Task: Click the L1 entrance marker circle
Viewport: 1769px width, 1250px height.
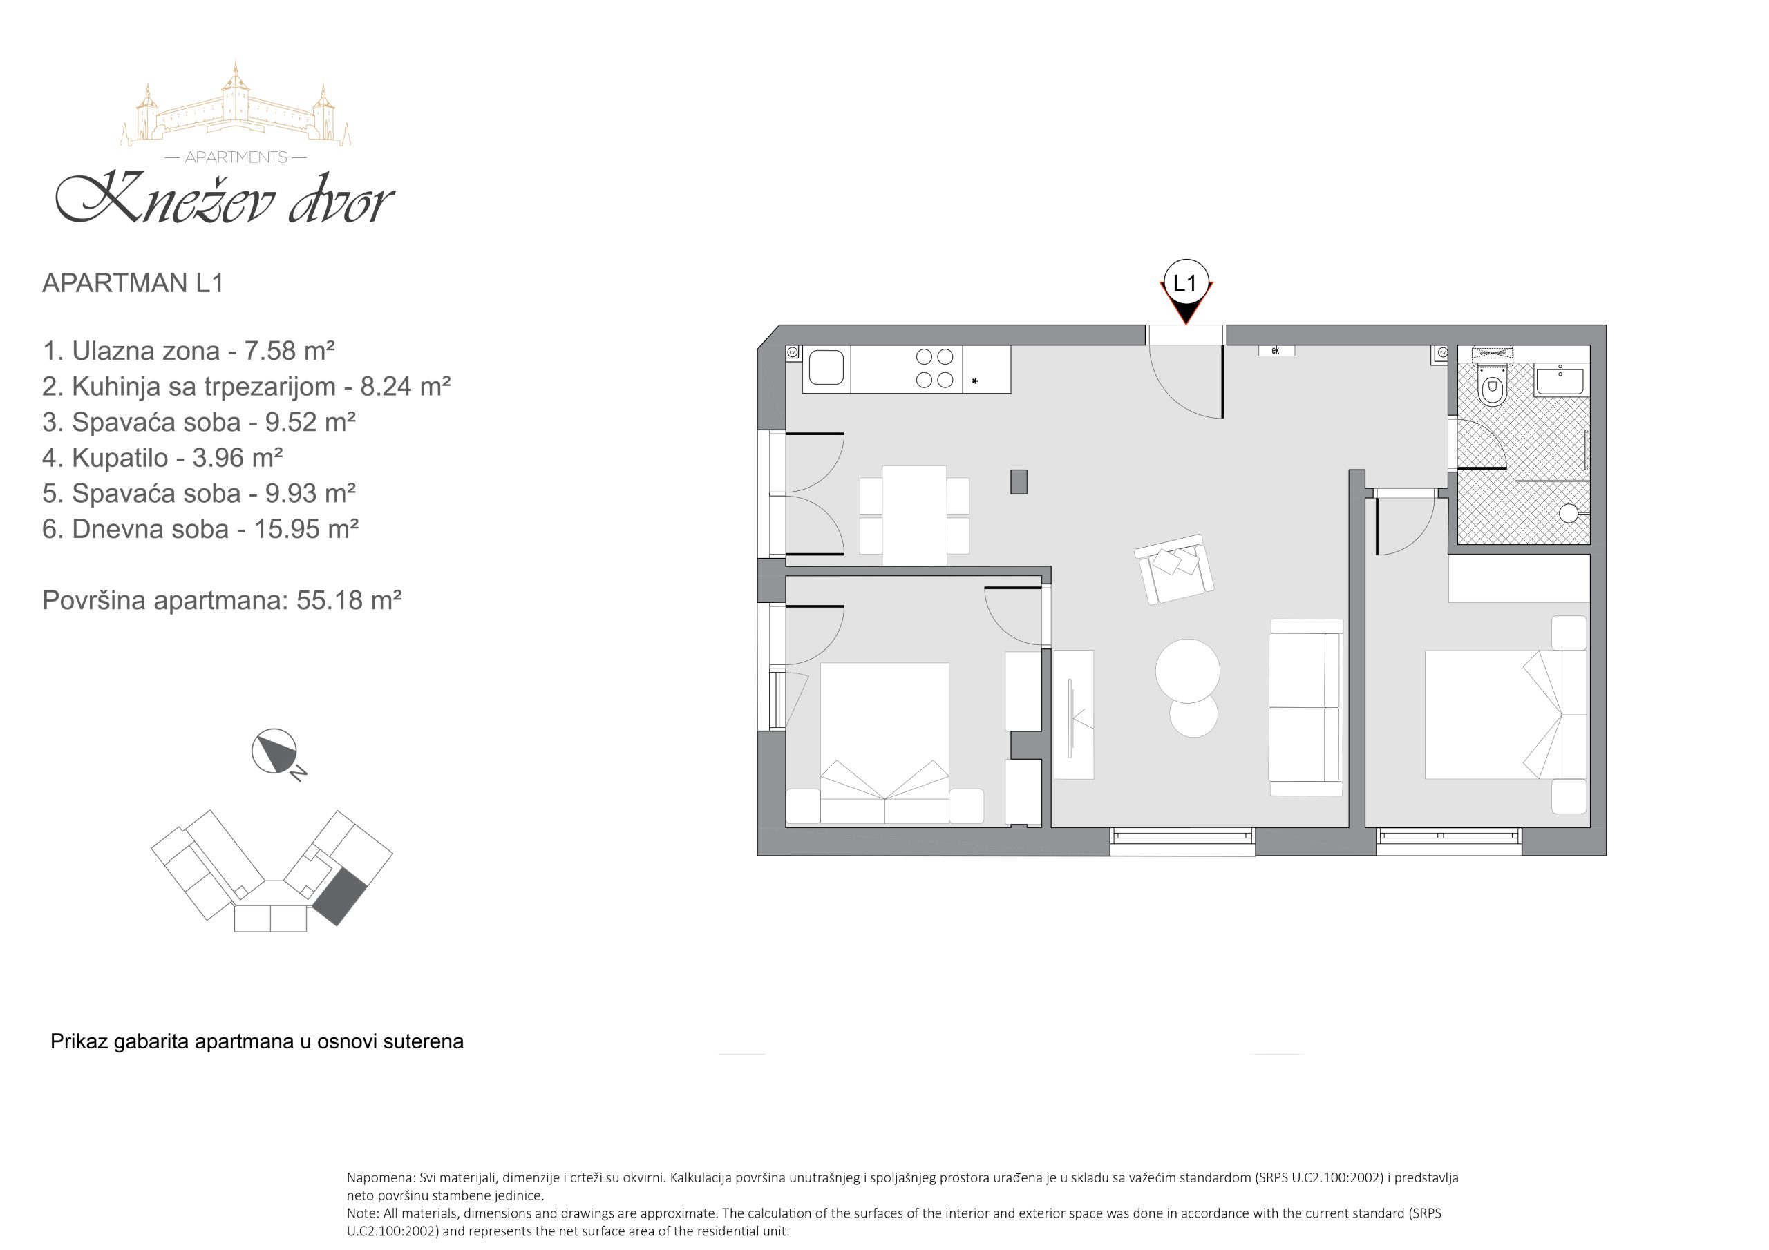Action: click(1186, 282)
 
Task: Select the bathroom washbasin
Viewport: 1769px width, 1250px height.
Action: click(1560, 381)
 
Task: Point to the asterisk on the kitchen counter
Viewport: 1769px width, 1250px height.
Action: click(974, 381)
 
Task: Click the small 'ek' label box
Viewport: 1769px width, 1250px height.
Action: click(1276, 350)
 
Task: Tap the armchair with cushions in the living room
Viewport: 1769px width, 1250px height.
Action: click(1173, 568)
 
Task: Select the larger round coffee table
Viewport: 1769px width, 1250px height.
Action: click(1187, 670)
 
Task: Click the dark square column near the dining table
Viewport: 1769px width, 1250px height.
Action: click(1019, 481)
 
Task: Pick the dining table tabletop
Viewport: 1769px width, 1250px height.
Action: click(914, 515)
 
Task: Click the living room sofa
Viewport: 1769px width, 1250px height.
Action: click(1306, 707)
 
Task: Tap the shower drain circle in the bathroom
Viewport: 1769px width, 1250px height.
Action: click(1568, 513)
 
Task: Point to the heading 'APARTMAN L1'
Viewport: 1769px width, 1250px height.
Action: click(133, 282)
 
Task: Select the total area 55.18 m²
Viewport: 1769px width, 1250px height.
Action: click(349, 599)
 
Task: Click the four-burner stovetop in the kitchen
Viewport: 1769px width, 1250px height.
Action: click(934, 368)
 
